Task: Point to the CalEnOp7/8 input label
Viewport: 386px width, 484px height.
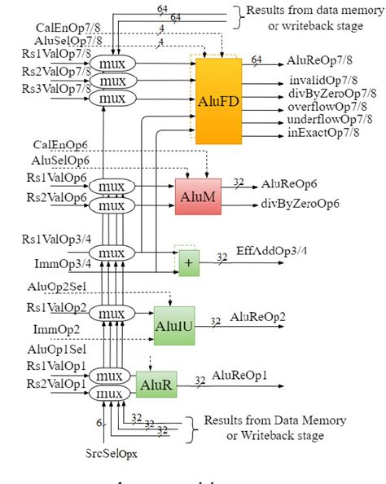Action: pyautogui.click(x=64, y=26)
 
